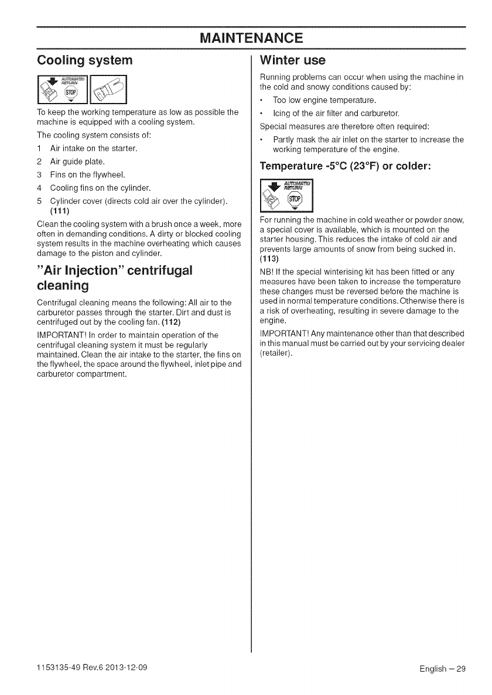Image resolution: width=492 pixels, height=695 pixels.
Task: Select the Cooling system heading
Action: click(85, 60)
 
